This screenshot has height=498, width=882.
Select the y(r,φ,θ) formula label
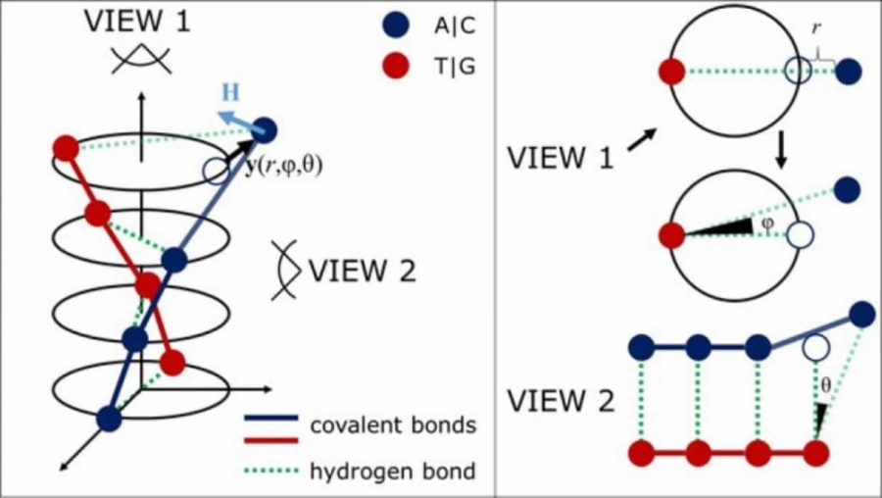[x=283, y=166]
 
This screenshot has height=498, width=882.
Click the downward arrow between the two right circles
[x=782, y=147]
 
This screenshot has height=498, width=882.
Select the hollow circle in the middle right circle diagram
[x=801, y=236]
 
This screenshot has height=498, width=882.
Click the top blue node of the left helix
[x=264, y=129]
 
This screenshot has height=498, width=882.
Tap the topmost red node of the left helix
[x=66, y=149]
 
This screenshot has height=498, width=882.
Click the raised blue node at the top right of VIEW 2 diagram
[x=863, y=315]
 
